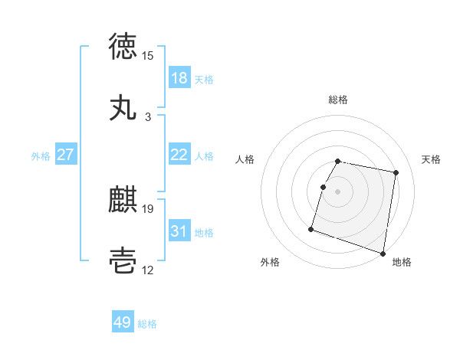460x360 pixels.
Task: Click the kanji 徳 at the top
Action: click(x=123, y=46)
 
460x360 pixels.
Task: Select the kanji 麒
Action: click(x=123, y=201)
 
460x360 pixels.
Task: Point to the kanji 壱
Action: click(x=123, y=260)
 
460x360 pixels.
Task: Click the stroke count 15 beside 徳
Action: click(x=148, y=55)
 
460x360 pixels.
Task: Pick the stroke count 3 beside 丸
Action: click(x=148, y=117)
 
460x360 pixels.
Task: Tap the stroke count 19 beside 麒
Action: click(x=148, y=208)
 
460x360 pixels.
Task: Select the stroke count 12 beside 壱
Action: click(x=148, y=270)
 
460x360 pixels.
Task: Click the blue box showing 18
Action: click(x=179, y=78)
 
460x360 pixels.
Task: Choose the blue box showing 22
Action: click(x=179, y=155)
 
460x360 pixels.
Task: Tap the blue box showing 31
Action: click(x=179, y=231)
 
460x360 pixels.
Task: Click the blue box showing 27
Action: click(x=66, y=155)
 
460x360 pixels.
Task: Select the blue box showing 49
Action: click(x=123, y=322)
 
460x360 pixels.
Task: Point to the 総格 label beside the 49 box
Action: click(x=148, y=324)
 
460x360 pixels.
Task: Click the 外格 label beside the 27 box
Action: click(x=41, y=156)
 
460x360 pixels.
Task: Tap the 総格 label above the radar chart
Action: click(x=338, y=100)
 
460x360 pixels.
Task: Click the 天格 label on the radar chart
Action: click(x=431, y=159)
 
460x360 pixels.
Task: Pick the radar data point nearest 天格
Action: click(x=396, y=173)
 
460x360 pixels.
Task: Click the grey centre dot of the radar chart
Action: click(x=337, y=191)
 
